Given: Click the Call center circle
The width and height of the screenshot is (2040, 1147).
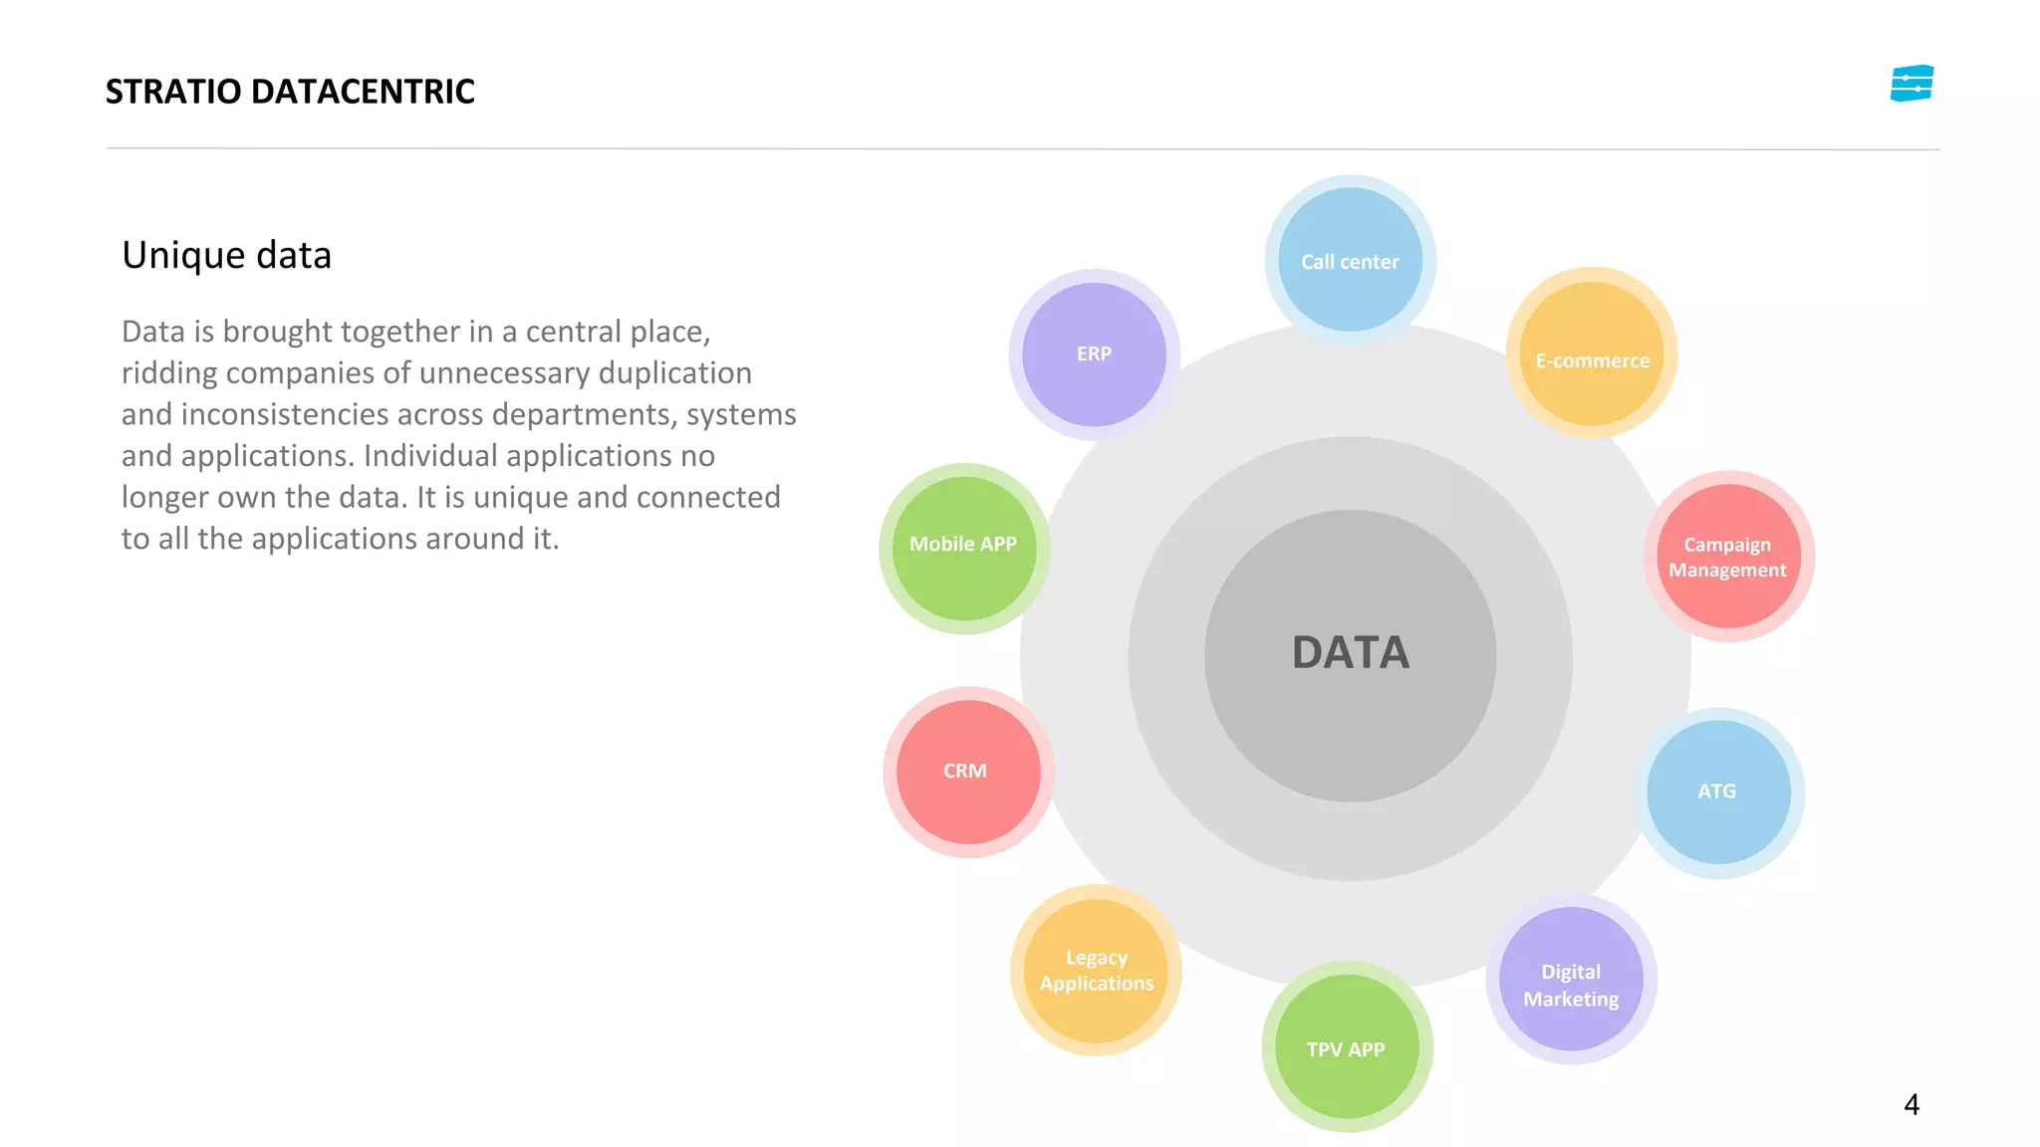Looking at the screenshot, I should [x=1350, y=260].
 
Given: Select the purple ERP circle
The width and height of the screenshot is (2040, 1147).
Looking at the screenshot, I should [x=1094, y=354].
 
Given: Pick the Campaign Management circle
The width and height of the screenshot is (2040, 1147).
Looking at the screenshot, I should [x=1728, y=557].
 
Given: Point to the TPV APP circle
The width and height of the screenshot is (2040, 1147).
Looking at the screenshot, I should [x=1347, y=1046].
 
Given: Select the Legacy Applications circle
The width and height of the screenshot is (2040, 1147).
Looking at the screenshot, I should [x=1096, y=971].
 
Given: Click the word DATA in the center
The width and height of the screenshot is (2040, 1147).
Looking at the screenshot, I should [x=1350, y=653].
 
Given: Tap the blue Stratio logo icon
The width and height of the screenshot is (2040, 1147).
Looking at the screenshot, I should [x=1912, y=84].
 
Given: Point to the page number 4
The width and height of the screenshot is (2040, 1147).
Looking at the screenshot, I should [x=1911, y=1104].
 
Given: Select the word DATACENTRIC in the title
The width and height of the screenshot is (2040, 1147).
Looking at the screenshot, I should [x=363, y=92].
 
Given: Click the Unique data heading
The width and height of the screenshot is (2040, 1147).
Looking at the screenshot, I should [x=226, y=256].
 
